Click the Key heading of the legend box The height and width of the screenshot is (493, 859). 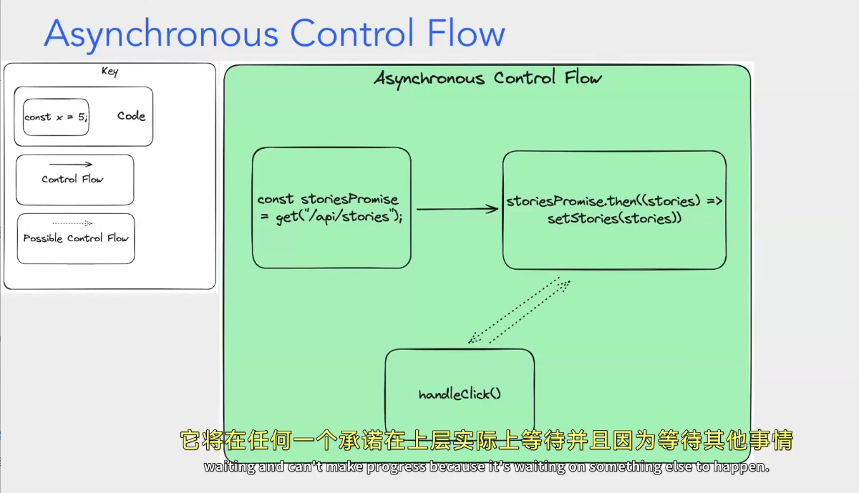[110, 72]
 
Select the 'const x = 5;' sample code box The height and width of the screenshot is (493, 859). [56, 117]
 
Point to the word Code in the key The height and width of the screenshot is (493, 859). [131, 116]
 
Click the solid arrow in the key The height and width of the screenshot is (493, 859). [71, 165]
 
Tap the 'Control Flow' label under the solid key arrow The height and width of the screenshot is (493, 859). [72, 179]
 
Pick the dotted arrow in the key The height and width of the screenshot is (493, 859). [72, 223]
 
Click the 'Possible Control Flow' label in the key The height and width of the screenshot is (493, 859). [76, 238]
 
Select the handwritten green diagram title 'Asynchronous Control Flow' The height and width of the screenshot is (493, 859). [487, 78]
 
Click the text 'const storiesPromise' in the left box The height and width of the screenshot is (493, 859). [328, 200]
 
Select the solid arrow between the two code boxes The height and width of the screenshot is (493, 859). [457, 209]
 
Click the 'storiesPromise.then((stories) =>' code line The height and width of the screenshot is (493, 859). [614, 202]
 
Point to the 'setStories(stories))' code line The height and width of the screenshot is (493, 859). [614, 219]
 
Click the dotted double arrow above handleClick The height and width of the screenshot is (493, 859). [520, 311]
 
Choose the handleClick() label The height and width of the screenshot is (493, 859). [460, 394]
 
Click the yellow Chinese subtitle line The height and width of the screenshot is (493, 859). [486, 439]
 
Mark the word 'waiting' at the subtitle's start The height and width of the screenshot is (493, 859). [223, 467]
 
